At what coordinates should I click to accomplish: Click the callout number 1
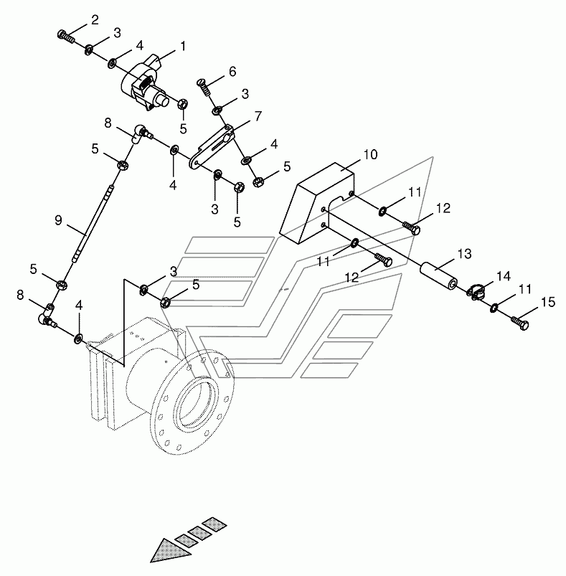pos(183,46)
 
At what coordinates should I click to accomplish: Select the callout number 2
pos(95,19)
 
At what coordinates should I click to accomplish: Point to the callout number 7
pos(258,115)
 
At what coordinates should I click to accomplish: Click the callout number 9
pos(59,221)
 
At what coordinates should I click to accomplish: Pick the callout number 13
pos(464,253)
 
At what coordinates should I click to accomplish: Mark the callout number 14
pos(503,275)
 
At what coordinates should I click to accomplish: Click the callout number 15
pos(547,303)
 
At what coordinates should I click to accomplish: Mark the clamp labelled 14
pos(478,292)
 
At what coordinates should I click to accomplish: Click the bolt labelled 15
pos(522,325)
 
